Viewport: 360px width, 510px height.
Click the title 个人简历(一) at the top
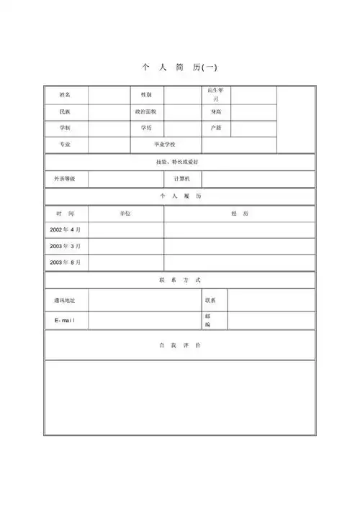point(179,68)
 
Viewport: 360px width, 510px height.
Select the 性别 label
point(146,95)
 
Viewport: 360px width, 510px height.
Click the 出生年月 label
point(216,94)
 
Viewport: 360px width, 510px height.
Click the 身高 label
point(216,112)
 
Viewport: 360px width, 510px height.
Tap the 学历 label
point(146,128)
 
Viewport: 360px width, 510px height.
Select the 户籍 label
point(216,128)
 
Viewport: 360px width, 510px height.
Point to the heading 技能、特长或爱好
point(179,162)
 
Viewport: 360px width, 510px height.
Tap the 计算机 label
point(182,178)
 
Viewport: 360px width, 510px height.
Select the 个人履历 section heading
point(179,196)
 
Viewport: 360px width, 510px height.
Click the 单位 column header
point(126,214)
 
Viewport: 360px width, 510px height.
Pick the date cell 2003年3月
point(66,246)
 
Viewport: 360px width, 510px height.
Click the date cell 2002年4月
point(66,229)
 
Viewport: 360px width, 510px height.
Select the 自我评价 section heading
point(179,345)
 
